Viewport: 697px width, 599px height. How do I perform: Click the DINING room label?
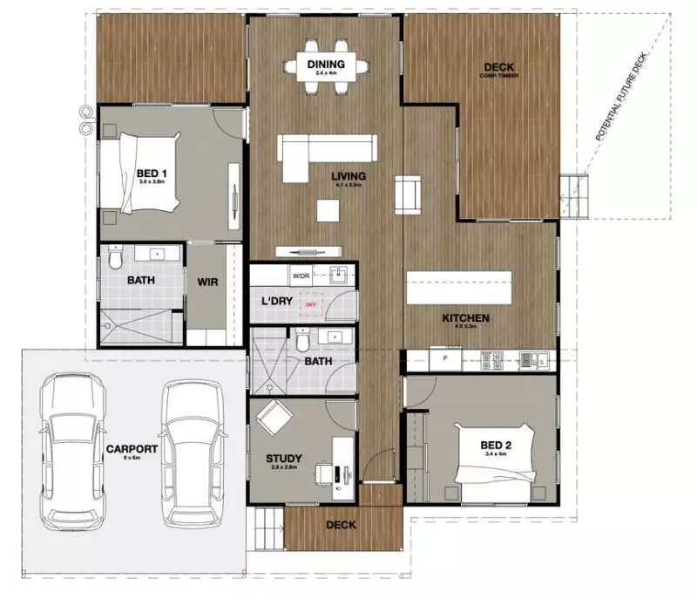(326, 65)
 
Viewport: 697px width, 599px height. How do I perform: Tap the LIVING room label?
(348, 177)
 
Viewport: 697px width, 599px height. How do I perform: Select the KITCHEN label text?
(464, 318)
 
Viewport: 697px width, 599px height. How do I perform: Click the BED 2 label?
(497, 447)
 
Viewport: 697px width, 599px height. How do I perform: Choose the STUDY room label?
(283, 459)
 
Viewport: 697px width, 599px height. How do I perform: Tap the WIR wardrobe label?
(207, 282)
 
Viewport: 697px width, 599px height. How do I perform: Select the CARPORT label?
(131, 449)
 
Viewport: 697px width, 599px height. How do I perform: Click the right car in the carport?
(195, 449)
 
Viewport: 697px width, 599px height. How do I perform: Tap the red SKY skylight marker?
(311, 306)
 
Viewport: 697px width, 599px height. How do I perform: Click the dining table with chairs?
(326, 65)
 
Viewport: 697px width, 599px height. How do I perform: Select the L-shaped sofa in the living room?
(326, 152)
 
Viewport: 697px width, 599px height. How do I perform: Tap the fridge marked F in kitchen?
(444, 358)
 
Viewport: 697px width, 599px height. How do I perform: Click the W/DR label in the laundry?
(301, 276)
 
